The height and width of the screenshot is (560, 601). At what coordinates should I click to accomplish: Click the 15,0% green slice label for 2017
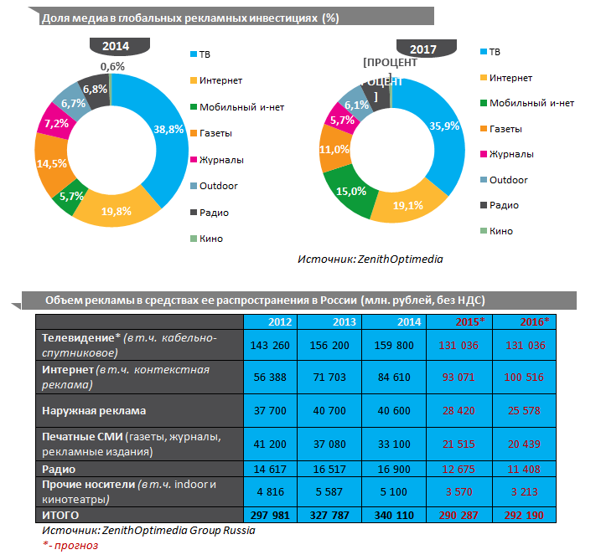point(350,191)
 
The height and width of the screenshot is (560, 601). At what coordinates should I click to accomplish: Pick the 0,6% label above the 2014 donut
point(112,66)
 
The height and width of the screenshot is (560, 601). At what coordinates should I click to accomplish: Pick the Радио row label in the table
point(59,470)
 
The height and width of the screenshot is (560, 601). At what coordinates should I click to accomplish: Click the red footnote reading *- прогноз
point(70,546)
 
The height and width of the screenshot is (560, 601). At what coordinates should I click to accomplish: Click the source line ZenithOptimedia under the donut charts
point(370,259)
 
